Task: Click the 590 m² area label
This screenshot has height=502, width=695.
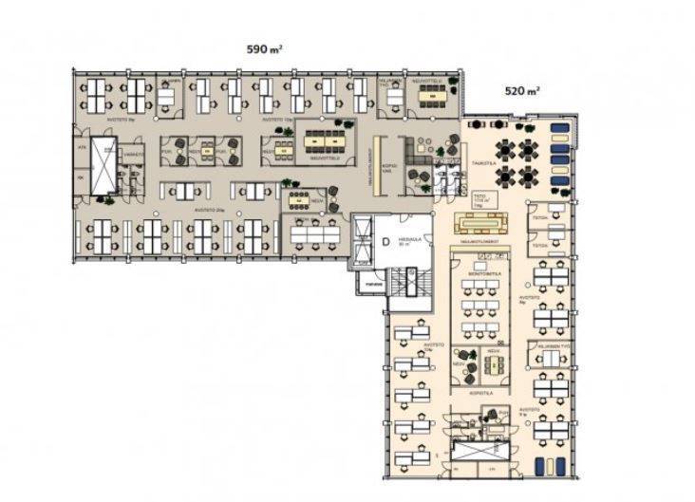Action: point(264,48)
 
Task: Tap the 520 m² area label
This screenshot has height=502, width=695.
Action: point(522,92)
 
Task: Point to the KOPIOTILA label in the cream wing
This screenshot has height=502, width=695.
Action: point(479,391)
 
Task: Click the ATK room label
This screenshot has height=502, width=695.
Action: point(83,149)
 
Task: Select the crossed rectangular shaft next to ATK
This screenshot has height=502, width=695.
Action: point(103,165)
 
